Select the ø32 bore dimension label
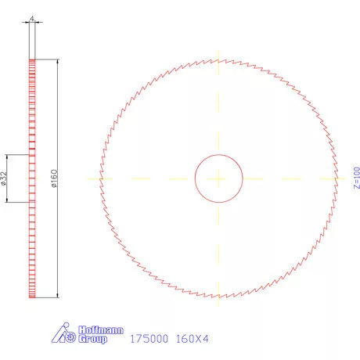(x=5, y=179)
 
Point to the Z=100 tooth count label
(x=356, y=179)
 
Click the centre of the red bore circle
(x=218, y=178)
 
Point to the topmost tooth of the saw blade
(x=218, y=59)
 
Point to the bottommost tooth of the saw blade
(x=218, y=298)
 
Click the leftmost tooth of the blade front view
(x=99, y=178)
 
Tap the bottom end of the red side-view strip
(x=32, y=297)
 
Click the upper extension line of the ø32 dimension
(x=19, y=154)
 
